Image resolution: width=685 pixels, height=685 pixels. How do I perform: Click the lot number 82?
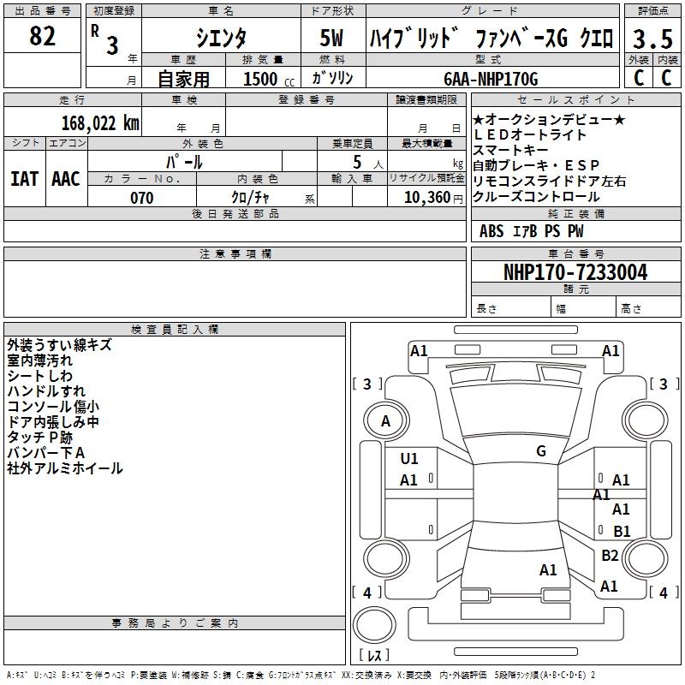tap(43, 37)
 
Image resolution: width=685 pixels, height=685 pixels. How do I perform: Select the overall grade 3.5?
tap(651, 39)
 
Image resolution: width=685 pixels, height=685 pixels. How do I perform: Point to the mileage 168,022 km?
tap(100, 123)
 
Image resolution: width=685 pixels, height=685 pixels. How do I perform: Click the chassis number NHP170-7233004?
tap(575, 272)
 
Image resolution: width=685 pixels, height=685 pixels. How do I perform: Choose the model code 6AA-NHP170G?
tap(491, 80)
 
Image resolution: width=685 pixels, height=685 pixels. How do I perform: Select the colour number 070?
tap(142, 198)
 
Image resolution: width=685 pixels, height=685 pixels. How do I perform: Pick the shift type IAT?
tap(24, 179)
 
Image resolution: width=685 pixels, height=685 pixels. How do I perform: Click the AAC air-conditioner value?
tap(66, 179)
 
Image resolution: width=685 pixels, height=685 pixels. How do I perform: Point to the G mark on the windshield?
tap(540, 451)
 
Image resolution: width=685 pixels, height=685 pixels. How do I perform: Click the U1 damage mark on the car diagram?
tap(409, 459)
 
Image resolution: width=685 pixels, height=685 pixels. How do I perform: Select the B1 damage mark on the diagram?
tap(622, 531)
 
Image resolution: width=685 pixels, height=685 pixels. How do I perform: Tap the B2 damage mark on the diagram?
tap(610, 556)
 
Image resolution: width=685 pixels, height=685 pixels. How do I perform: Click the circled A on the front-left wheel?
tap(386, 421)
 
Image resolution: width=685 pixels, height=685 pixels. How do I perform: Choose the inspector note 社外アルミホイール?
tap(65, 468)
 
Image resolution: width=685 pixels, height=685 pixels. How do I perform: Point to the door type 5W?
tap(331, 38)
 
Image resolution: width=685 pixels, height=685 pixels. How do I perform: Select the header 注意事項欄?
tap(235, 254)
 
